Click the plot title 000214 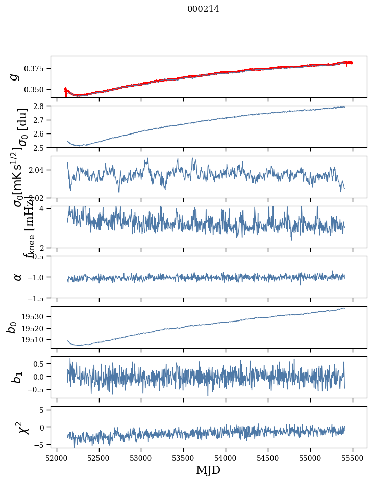203,9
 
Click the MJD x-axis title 208,470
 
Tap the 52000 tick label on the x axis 57,457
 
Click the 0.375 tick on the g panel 37,68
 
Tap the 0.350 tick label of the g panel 37,89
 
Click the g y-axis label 15,76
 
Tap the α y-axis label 18,277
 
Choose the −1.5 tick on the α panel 38,298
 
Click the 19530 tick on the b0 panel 37,316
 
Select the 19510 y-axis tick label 37,339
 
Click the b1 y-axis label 17,377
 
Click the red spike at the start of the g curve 65,92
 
